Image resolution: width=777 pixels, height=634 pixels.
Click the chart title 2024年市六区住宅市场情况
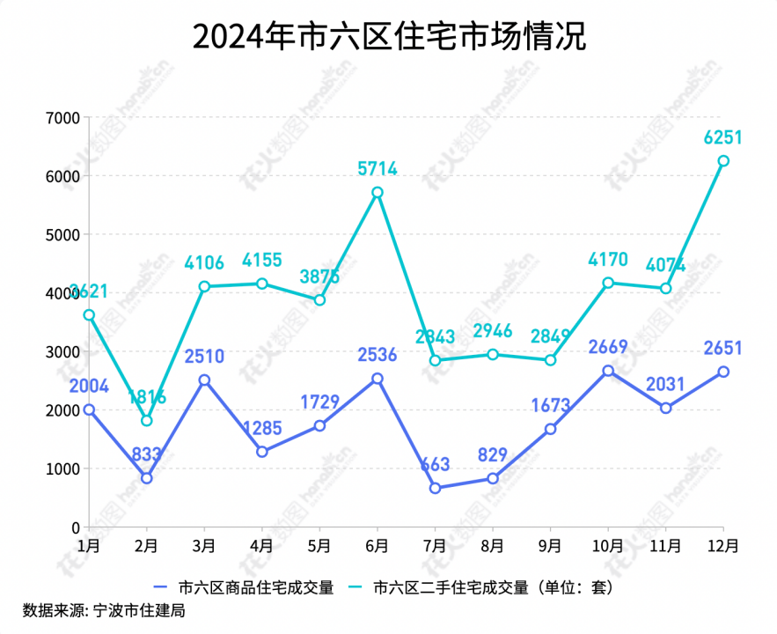coord(388,38)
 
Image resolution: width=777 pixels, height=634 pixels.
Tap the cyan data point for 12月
coord(723,161)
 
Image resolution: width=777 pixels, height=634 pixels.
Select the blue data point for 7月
coord(435,488)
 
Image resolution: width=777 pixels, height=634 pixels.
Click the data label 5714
coord(377,168)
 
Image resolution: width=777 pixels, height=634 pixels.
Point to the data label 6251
coord(723,137)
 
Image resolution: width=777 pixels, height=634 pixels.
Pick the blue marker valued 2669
coord(608,371)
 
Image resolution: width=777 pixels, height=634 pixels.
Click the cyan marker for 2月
coord(146,421)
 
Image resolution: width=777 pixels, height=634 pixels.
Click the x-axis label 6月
coord(377,546)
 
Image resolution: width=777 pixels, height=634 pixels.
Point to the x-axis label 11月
coord(665,546)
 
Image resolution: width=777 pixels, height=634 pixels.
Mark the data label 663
coord(435,465)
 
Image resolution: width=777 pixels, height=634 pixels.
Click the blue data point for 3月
coord(204,380)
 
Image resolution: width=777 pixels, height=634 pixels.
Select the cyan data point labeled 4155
coord(261,284)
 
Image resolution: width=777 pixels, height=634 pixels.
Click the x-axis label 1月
coord(88,546)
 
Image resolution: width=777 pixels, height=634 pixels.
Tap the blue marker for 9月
coord(550,429)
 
